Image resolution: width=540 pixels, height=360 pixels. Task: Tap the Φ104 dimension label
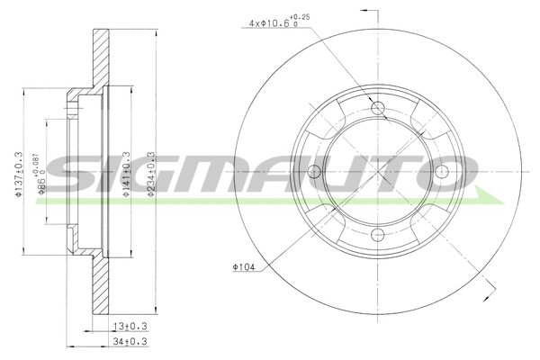tap(244, 267)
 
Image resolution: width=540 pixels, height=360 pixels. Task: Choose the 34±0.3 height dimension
tap(130, 343)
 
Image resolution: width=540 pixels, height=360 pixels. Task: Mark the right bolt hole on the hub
tap(442, 174)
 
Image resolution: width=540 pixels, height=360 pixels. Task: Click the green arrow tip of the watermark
tap(495, 197)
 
